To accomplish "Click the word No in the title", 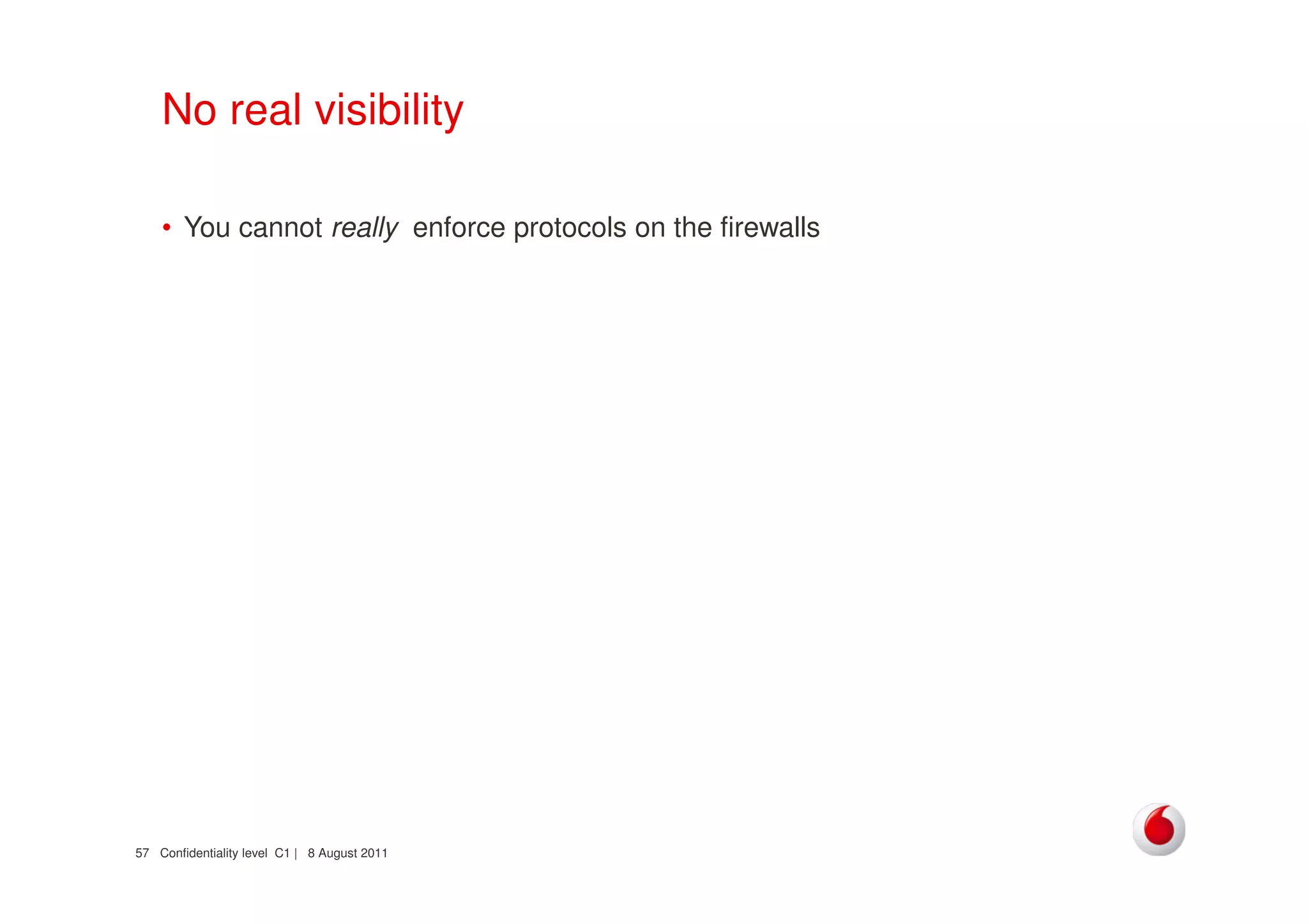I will tap(189, 110).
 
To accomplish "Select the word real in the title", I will tap(265, 110).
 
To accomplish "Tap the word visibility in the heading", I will tap(389, 110).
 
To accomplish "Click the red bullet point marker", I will tap(167, 228).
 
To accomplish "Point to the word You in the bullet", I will tap(207, 228).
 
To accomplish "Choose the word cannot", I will tap(280, 228).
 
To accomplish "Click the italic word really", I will tap(365, 228).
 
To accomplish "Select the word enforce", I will tap(459, 228).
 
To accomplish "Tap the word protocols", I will tap(570, 228).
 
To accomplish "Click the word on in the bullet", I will tap(650, 228).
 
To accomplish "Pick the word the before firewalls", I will tap(693, 228).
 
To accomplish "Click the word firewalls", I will tap(770, 228).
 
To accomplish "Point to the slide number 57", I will tap(142, 854).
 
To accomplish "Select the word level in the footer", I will tap(254, 854).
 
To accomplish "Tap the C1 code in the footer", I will tap(282, 854).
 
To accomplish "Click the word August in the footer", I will tap(338, 854).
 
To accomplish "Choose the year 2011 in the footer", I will tap(374, 854).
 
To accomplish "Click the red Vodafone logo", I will tap(1159, 829).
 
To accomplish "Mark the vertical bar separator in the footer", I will tap(296, 854).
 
